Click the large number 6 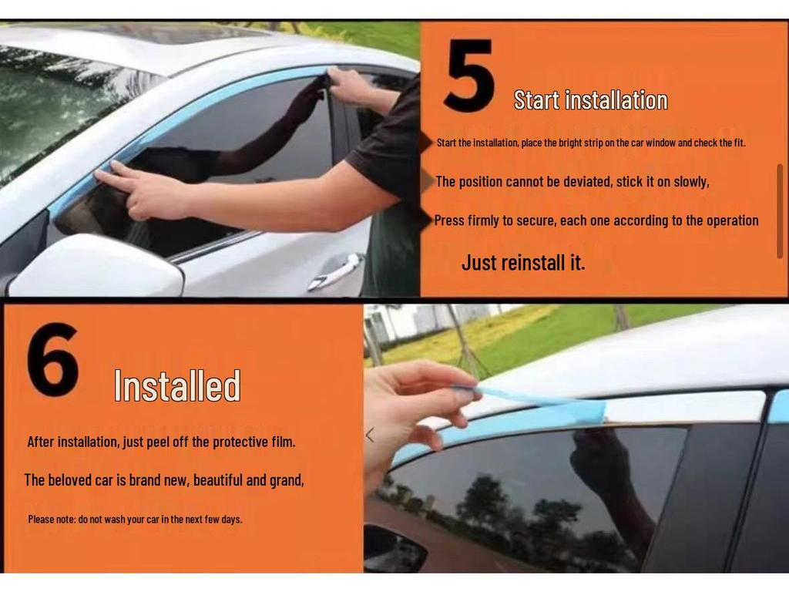(x=52, y=360)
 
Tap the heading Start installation (x=590, y=100)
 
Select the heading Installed (x=177, y=386)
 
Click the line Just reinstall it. (x=523, y=262)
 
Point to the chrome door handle (x=336, y=271)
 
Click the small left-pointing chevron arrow (x=370, y=436)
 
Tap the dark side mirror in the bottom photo (x=394, y=550)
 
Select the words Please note (x=52, y=519)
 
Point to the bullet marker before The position (x=428, y=181)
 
